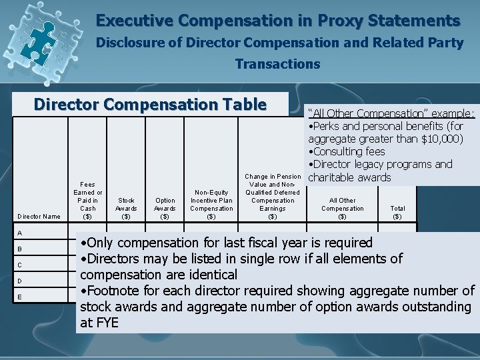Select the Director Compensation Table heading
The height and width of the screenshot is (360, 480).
150,105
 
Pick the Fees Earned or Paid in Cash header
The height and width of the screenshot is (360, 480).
88,199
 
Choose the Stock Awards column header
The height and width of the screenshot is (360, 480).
126,207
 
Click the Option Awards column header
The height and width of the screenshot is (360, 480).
165,207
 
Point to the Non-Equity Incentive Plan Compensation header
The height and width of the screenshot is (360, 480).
211,203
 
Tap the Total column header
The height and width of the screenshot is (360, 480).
397,212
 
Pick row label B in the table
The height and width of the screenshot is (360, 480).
21,249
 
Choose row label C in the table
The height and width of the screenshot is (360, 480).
21,264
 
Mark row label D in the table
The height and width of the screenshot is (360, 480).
21,281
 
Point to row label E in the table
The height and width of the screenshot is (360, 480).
21,297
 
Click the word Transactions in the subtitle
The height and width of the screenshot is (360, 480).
277,65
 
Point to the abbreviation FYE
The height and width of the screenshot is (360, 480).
107,322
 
